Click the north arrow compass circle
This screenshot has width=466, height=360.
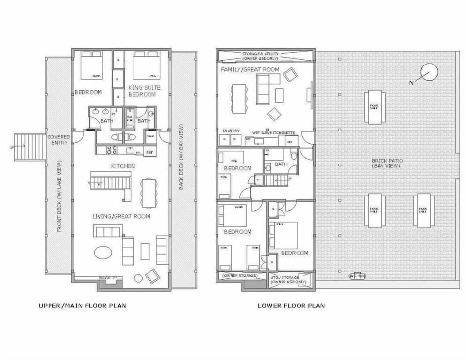(x=430, y=72)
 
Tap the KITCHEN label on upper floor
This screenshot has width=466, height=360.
(x=123, y=166)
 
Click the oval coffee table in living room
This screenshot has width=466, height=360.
(x=104, y=252)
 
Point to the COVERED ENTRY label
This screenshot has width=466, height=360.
(x=59, y=140)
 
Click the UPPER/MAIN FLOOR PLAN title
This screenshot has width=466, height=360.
(x=83, y=306)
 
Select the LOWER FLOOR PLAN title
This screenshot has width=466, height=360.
(x=291, y=306)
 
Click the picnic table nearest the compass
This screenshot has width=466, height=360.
(x=374, y=106)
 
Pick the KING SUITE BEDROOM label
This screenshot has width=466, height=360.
(x=144, y=91)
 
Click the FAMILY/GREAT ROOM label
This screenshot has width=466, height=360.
(x=250, y=70)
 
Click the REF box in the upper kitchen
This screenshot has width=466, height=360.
(x=150, y=152)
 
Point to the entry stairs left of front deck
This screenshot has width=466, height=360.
(x=30, y=147)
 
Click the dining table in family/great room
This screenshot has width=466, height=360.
(x=238, y=98)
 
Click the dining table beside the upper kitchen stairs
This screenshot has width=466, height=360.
(x=149, y=193)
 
